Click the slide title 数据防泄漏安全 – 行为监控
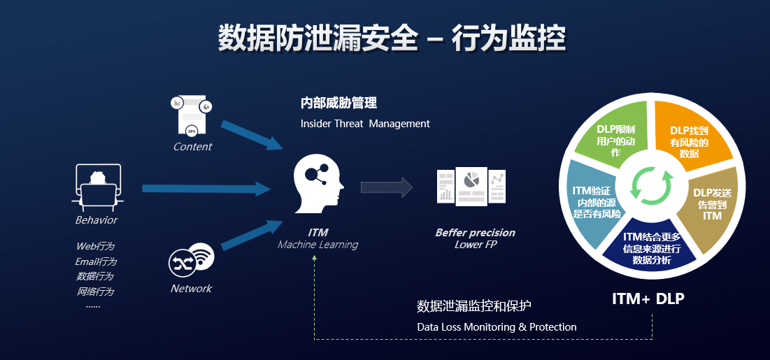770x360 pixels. click(x=392, y=38)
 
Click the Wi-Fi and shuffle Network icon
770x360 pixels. click(x=192, y=260)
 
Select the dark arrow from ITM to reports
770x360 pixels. click(x=386, y=187)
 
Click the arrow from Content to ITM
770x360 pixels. click(x=250, y=134)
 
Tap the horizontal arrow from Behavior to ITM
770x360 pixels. click(x=206, y=188)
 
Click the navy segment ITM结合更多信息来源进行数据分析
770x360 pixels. click(x=651, y=248)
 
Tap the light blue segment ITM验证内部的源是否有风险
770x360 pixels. click(x=591, y=203)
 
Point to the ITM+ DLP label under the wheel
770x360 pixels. click(x=648, y=298)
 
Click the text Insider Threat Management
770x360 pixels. click(x=365, y=124)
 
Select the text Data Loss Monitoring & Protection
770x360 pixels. click(x=497, y=327)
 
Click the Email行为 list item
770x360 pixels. click(x=96, y=261)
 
